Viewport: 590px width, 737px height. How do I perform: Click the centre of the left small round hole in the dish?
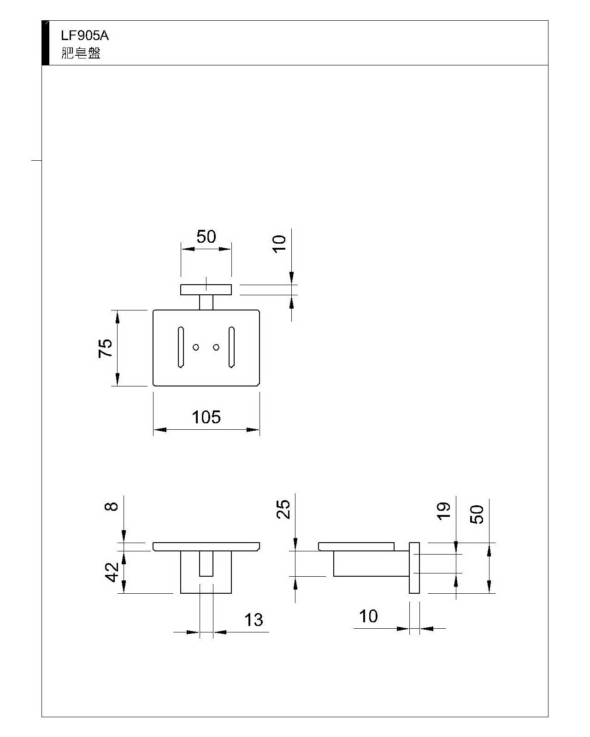(196, 347)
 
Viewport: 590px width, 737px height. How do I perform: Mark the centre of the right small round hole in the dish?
(216, 347)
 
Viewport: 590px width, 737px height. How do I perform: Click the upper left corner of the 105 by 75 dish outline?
(153, 310)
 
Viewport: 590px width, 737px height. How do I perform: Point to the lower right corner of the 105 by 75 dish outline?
(260, 386)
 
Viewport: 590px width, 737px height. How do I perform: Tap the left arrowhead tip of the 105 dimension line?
(153, 429)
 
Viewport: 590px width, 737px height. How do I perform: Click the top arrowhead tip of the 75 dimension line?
(117, 311)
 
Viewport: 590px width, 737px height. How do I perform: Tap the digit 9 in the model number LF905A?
(78, 35)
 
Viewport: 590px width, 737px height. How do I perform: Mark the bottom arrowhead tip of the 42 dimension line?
(124, 593)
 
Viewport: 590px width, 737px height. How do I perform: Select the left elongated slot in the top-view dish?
(181, 348)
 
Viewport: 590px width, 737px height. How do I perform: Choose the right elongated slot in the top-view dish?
(231, 348)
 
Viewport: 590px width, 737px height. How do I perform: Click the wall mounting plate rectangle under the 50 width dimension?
(206, 290)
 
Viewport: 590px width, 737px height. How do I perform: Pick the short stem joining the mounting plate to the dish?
(206, 303)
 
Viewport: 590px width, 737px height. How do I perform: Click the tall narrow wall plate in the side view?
(414, 568)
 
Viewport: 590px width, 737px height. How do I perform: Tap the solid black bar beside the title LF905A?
(45, 43)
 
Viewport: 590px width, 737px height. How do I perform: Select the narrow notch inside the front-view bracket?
(206, 564)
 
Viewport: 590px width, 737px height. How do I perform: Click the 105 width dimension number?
(206, 417)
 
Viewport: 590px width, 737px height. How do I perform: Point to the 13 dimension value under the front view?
(254, 620)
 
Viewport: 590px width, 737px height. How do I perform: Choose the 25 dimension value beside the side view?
(283, 509)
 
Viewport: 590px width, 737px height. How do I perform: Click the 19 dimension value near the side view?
(443, 511)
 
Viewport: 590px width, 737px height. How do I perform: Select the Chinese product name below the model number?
(81, 53)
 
